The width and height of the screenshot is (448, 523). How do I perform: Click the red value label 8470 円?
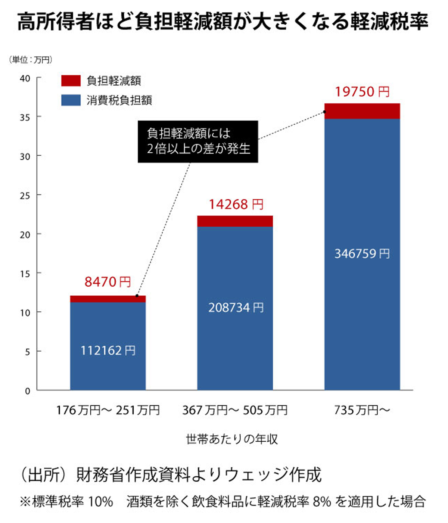tap(108, 282)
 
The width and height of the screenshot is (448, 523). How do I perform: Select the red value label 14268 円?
tap(236, 205)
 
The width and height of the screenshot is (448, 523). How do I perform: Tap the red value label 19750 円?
tap(362, 92)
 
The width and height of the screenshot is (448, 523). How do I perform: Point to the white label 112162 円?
tap(108, 351)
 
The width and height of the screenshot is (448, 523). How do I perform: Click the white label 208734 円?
tap(236, 308)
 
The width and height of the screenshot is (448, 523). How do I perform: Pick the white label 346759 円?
tap(362, 254)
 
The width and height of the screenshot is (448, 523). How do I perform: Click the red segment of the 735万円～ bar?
tap(362, 111)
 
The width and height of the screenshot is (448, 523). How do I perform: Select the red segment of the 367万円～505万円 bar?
tap(235, 221)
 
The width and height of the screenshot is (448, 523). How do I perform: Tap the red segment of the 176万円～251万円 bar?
tap(108, 299)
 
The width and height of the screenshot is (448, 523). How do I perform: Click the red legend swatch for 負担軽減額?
tap(71, 80)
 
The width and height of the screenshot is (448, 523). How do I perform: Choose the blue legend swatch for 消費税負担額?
tap(71, 100)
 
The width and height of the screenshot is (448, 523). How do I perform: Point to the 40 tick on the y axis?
tap(25, 78)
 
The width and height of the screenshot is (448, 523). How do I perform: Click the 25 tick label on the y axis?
tap(25, 196)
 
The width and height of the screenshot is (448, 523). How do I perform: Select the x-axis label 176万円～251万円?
tap(108, 410)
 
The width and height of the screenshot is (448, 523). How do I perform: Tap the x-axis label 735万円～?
tap(362, 410)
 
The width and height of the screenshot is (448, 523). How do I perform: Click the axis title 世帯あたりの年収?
tap(232, 439)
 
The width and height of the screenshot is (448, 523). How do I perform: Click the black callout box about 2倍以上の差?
tap(198, 141)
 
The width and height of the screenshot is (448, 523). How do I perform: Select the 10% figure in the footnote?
tap(100, 501)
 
